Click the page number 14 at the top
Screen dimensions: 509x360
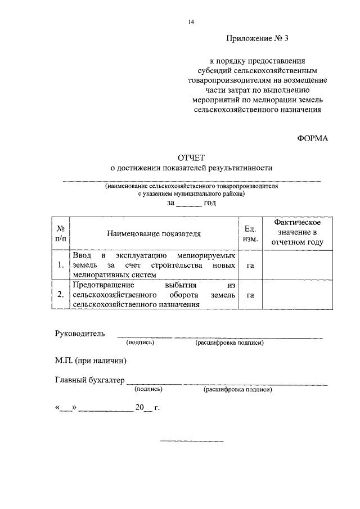pos(191,22)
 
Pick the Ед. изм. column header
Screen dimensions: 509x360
pos(250,233)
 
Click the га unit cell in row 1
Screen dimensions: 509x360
pos(250,265)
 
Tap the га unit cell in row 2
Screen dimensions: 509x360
pos(250,294)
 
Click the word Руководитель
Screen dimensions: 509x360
pos(79,334)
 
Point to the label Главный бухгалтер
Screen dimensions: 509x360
pos(90,380)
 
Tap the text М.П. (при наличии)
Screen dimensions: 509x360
pos(90,361)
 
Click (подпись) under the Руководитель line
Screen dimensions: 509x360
pos(140,342)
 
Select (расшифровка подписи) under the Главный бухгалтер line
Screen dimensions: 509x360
pos(238,389)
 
